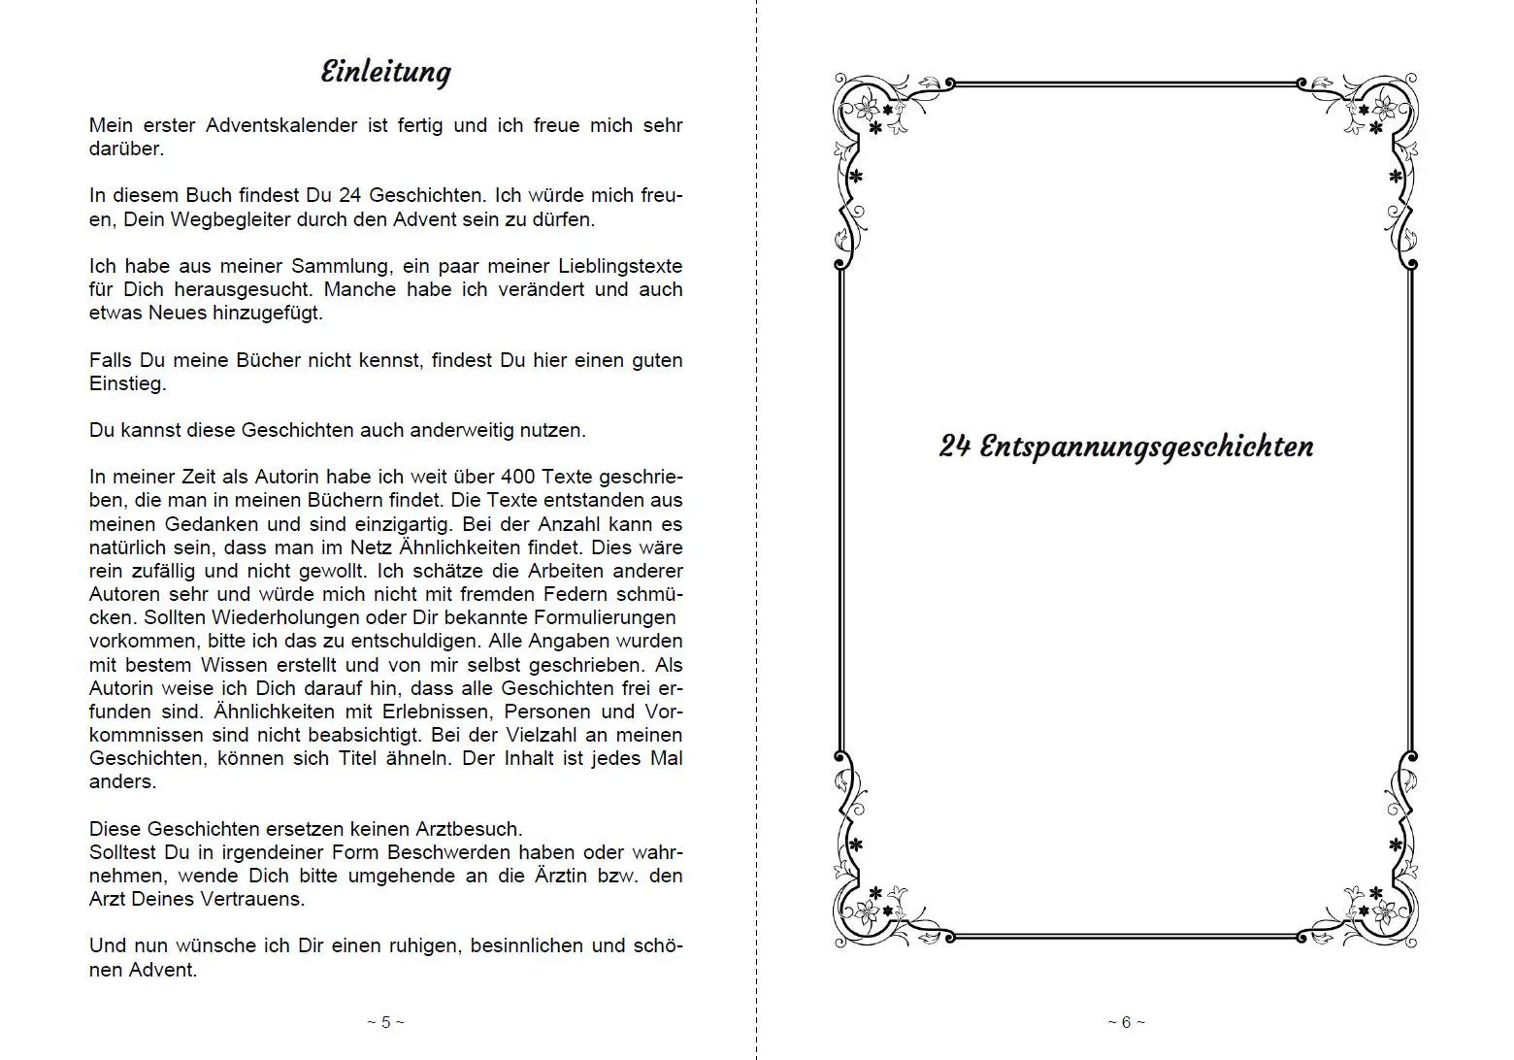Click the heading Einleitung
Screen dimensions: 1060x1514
[x=386, y=73]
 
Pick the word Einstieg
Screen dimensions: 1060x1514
[x=128, y=383]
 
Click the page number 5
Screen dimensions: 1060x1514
[x=386, y=1021]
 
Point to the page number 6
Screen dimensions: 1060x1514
[x=1126, y=1021]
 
